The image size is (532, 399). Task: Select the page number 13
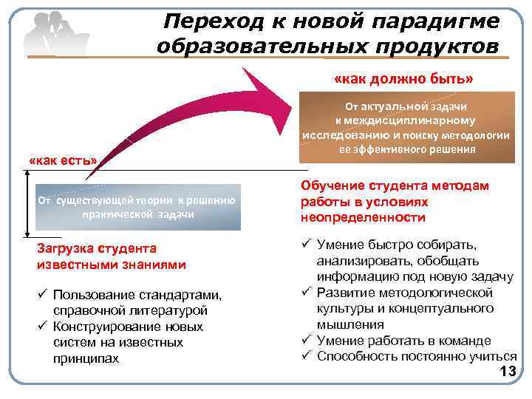[508, 372]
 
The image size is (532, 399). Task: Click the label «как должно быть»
[404, 78]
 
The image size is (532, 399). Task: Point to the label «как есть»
[62, 160]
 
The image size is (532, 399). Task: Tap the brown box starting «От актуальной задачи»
[405, 128]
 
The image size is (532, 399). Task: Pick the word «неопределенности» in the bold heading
[363, 218]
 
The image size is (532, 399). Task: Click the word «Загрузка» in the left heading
[67, 248]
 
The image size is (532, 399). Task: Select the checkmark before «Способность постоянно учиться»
[305, 357]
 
